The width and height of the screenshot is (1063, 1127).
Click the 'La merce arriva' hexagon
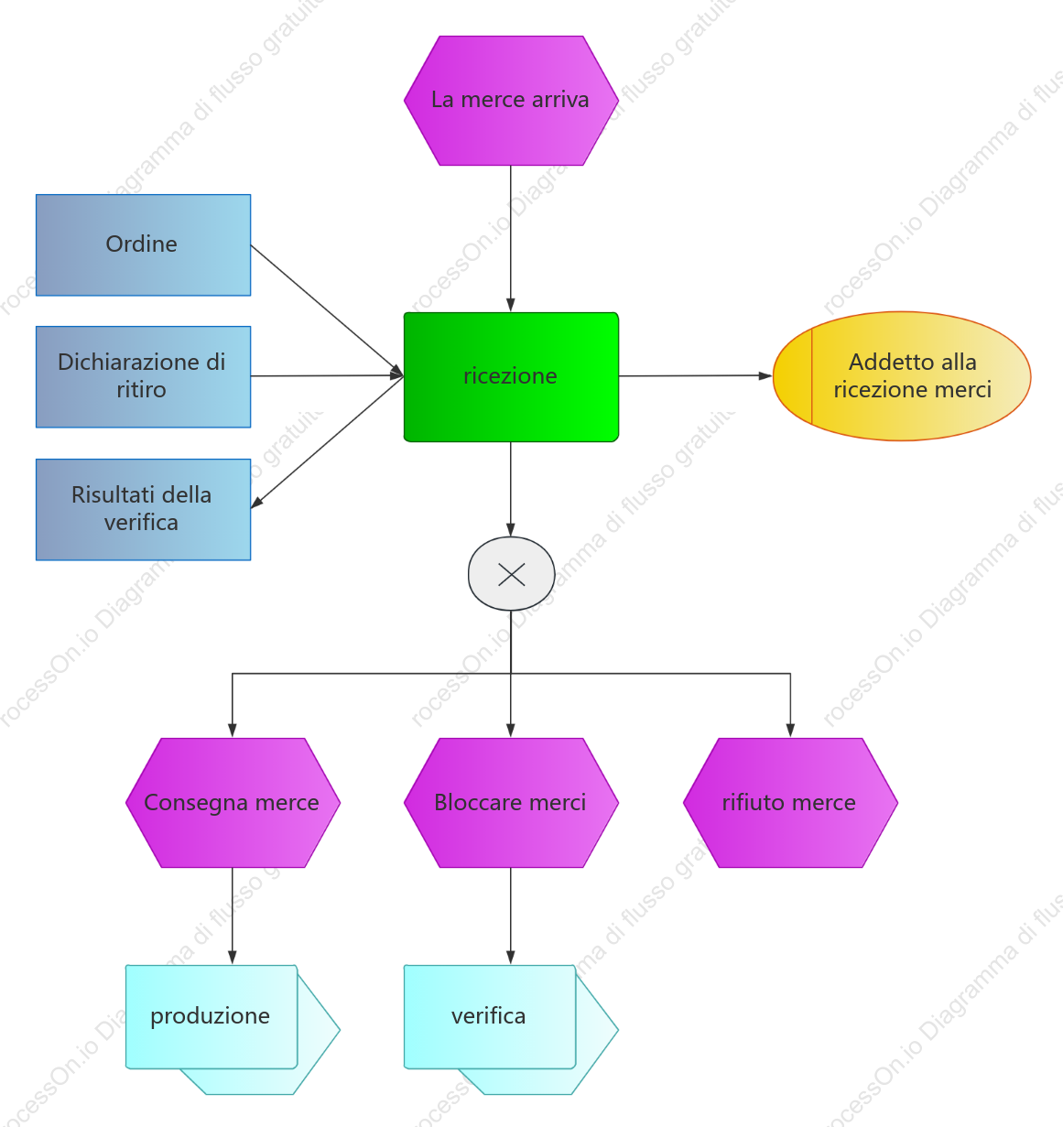coord(511,101)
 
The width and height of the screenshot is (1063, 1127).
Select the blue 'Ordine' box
coord(143,245)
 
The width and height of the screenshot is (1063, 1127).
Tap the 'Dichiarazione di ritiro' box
coord(143,377)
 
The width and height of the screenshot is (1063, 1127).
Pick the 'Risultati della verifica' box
coord(143,510)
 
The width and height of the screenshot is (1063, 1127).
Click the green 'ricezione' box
coord(511,377)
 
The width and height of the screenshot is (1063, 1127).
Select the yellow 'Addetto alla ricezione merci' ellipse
coord(902,376)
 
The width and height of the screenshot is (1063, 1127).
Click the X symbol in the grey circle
coord(511,574)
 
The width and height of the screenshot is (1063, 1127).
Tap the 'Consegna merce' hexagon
coord(233,802)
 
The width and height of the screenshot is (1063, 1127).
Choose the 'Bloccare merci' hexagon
coord(511,802)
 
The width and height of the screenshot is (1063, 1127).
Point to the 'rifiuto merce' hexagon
coord(790,802)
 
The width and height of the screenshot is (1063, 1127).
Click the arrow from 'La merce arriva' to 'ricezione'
coord(511,239)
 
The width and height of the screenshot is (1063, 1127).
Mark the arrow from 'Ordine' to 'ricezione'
coord(327,310)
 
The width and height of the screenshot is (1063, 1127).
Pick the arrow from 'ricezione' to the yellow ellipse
coord(696,375)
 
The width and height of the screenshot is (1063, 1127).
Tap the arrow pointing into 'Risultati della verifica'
coord(327,442)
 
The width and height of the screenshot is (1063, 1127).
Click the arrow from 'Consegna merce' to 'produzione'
coord(233,916)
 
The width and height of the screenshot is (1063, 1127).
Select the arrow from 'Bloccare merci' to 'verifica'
coord(511,916)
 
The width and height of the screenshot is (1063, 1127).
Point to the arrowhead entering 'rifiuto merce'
coord(790,731)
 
